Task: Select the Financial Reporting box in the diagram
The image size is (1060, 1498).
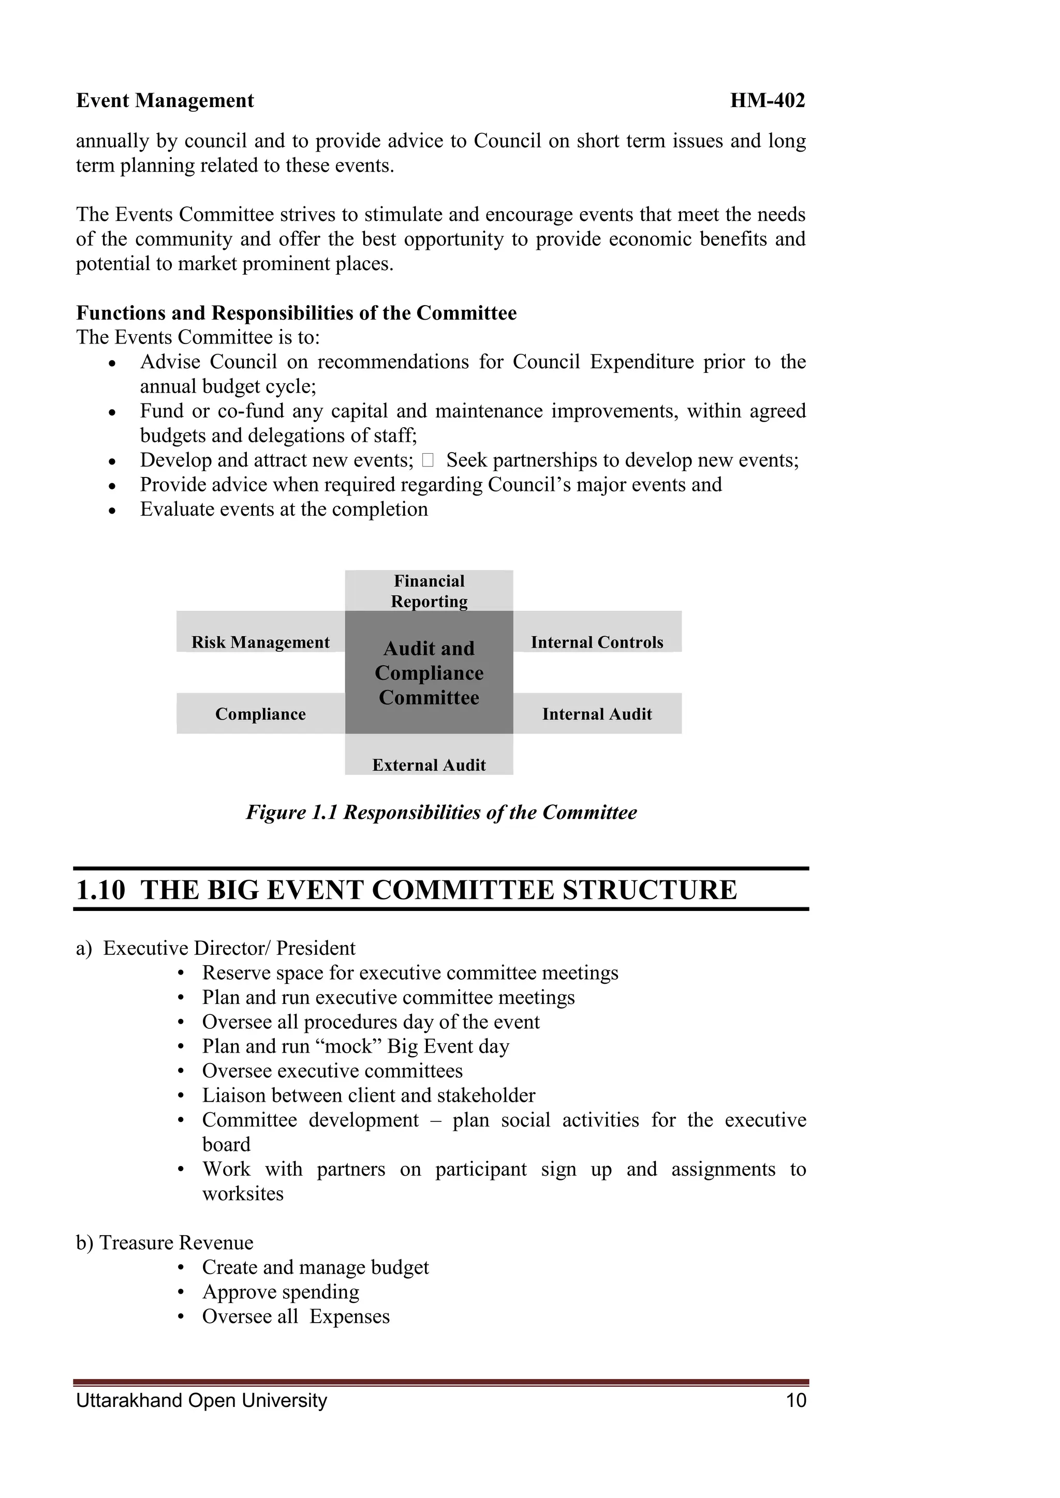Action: click(x=429, y=590)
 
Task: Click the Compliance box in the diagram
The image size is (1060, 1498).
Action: click(x=260, y=714)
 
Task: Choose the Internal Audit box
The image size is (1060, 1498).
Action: click(x=597, y=714)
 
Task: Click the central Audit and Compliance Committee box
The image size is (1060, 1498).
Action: click(x=429, y=672)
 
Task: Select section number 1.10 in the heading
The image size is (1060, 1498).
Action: click(x=100, y=890)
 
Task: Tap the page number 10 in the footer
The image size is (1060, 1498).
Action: click(x=797, y=1400)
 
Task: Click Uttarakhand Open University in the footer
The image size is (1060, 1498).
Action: click(x=202, y=1400)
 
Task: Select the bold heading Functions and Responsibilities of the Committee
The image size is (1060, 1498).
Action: click(x=297, y=313)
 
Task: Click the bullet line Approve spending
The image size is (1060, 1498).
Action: click(x=280, y=1291)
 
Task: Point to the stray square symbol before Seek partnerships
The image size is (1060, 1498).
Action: click(x=428, y=460)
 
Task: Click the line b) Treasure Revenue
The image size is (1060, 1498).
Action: click(x=165, y=1242)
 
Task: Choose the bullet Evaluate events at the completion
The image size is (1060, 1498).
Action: click(x=284, y=509)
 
